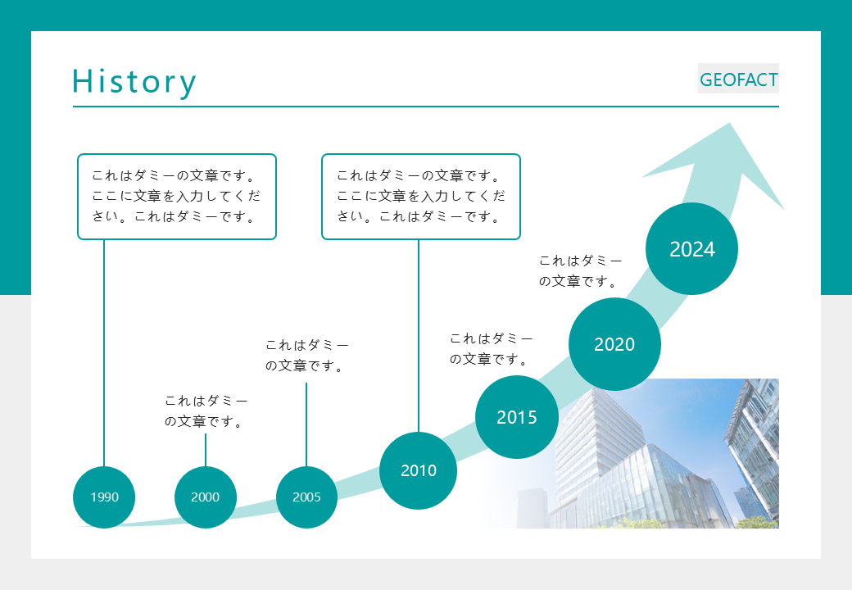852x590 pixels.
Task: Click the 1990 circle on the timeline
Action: pos(104,497)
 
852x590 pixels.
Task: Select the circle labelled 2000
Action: pos(206,497)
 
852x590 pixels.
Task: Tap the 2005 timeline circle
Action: pos(306,497)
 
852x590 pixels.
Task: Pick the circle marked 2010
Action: pos(419,470)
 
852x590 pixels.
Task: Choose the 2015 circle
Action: pos(517,417)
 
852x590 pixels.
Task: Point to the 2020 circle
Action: pos(614,344)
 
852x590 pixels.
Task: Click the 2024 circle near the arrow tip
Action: pos(692,249)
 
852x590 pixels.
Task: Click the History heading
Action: pos(134,81)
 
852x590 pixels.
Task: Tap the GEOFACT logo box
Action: pos(738,79)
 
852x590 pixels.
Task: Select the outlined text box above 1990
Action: pos(177,197)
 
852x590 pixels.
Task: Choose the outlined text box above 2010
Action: pos(421,197)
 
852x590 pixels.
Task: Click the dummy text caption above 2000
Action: pos(206,411)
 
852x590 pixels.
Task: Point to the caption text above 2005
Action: pos(306,356)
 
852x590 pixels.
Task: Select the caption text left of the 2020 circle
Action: pos(491,348)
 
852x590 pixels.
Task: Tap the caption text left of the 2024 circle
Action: pos(580,271)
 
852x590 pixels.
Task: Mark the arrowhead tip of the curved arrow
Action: pos(728,125)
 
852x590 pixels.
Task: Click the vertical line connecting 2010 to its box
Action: pos(419,336)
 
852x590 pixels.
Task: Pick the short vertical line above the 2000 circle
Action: pos(206,450)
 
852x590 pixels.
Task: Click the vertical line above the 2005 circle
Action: pos(306,424)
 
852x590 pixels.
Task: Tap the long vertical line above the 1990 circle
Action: pos(104,352)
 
